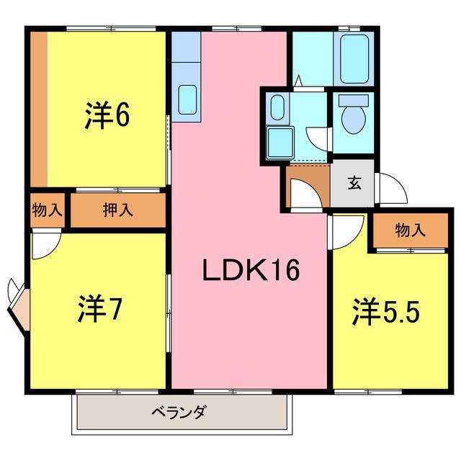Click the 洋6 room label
coord(107,115)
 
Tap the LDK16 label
coord(251,270)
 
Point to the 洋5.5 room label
coord(386,311)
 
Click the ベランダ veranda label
coord(179,412)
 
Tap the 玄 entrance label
coord(354,182)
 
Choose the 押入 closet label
coord(118,210)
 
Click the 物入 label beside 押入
coord(47,210)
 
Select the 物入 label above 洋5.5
coord(411,230)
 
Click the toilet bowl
coord(354,116)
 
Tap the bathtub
coord(354,59)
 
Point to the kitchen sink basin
coord(187,99)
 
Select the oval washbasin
coord(277,107)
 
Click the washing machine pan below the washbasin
coord(280,143)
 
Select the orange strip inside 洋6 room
coord(39,109)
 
